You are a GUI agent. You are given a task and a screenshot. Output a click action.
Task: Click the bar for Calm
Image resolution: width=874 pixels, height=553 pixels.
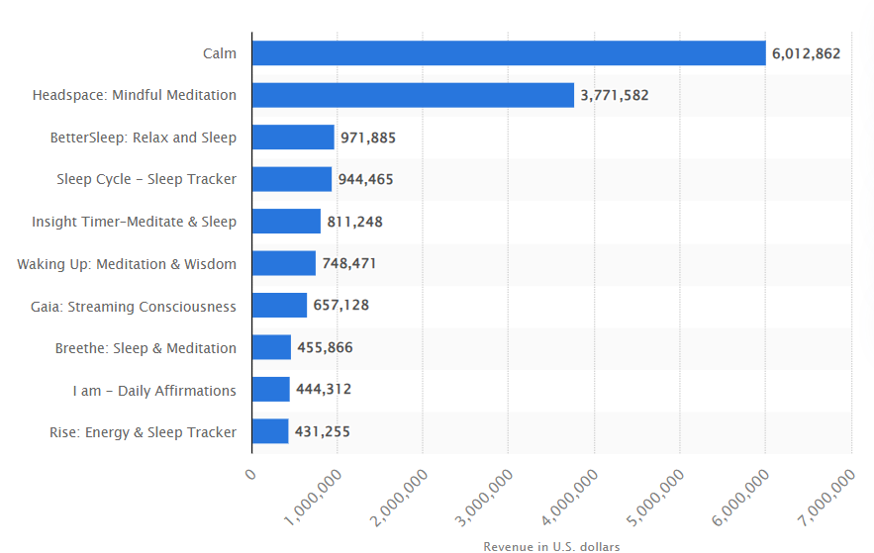pyautogui.click(x=509, y=53)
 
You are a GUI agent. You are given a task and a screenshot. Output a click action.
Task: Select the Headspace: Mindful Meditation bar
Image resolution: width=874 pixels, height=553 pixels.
pyautogui.click(x=413, y=95)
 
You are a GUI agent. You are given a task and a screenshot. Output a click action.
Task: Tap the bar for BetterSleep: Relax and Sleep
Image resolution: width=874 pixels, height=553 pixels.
pyautogui.click(x=293, y=138)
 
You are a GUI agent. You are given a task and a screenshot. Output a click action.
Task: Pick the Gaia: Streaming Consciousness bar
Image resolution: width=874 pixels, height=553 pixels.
pyautogui.click(x=279, y=306)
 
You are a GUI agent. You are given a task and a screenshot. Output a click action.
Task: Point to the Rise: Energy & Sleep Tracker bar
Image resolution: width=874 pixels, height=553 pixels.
pyautogui.click(x=270, y=431)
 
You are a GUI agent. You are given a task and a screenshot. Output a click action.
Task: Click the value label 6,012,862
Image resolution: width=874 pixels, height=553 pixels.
pyautogui.click(x=807, y=53)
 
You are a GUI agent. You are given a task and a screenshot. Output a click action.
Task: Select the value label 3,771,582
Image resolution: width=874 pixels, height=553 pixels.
pyautogui.click(x=615, y=95)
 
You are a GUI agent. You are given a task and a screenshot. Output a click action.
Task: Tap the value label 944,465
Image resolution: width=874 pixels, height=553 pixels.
pyautogui.click(x=366, y=180)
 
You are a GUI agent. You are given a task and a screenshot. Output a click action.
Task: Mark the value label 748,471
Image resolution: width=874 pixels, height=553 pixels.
pyautogui.click(x=349, y=264)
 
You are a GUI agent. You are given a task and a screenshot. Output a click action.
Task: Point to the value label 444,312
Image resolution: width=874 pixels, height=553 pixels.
pyautogui.click(x=324, y=390)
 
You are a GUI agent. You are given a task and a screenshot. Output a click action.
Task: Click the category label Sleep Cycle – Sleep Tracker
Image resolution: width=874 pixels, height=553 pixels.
pyautogui.click(x=146, y=180)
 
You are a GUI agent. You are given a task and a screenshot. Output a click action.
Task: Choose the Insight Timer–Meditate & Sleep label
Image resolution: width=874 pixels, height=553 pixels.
pyautogui.click(x=134, y=222)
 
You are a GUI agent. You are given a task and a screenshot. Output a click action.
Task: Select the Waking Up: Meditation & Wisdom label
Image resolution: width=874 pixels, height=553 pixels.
pyautogui.click(x=127, y=264)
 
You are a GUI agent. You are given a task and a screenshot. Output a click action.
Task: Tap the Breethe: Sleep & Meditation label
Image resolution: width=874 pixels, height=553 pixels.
pyautogui.click(x=146, y=348)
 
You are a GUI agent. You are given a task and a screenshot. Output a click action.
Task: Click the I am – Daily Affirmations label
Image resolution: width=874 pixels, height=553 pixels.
pyautogui.click(x=154, y=390)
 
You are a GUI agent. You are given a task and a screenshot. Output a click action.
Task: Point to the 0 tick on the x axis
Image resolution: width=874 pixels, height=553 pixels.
pyautogui.click(x=249, y=475)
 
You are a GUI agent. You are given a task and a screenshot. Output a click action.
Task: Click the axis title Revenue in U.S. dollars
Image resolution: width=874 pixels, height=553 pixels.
pyautogui.click(x=551, y=546)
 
